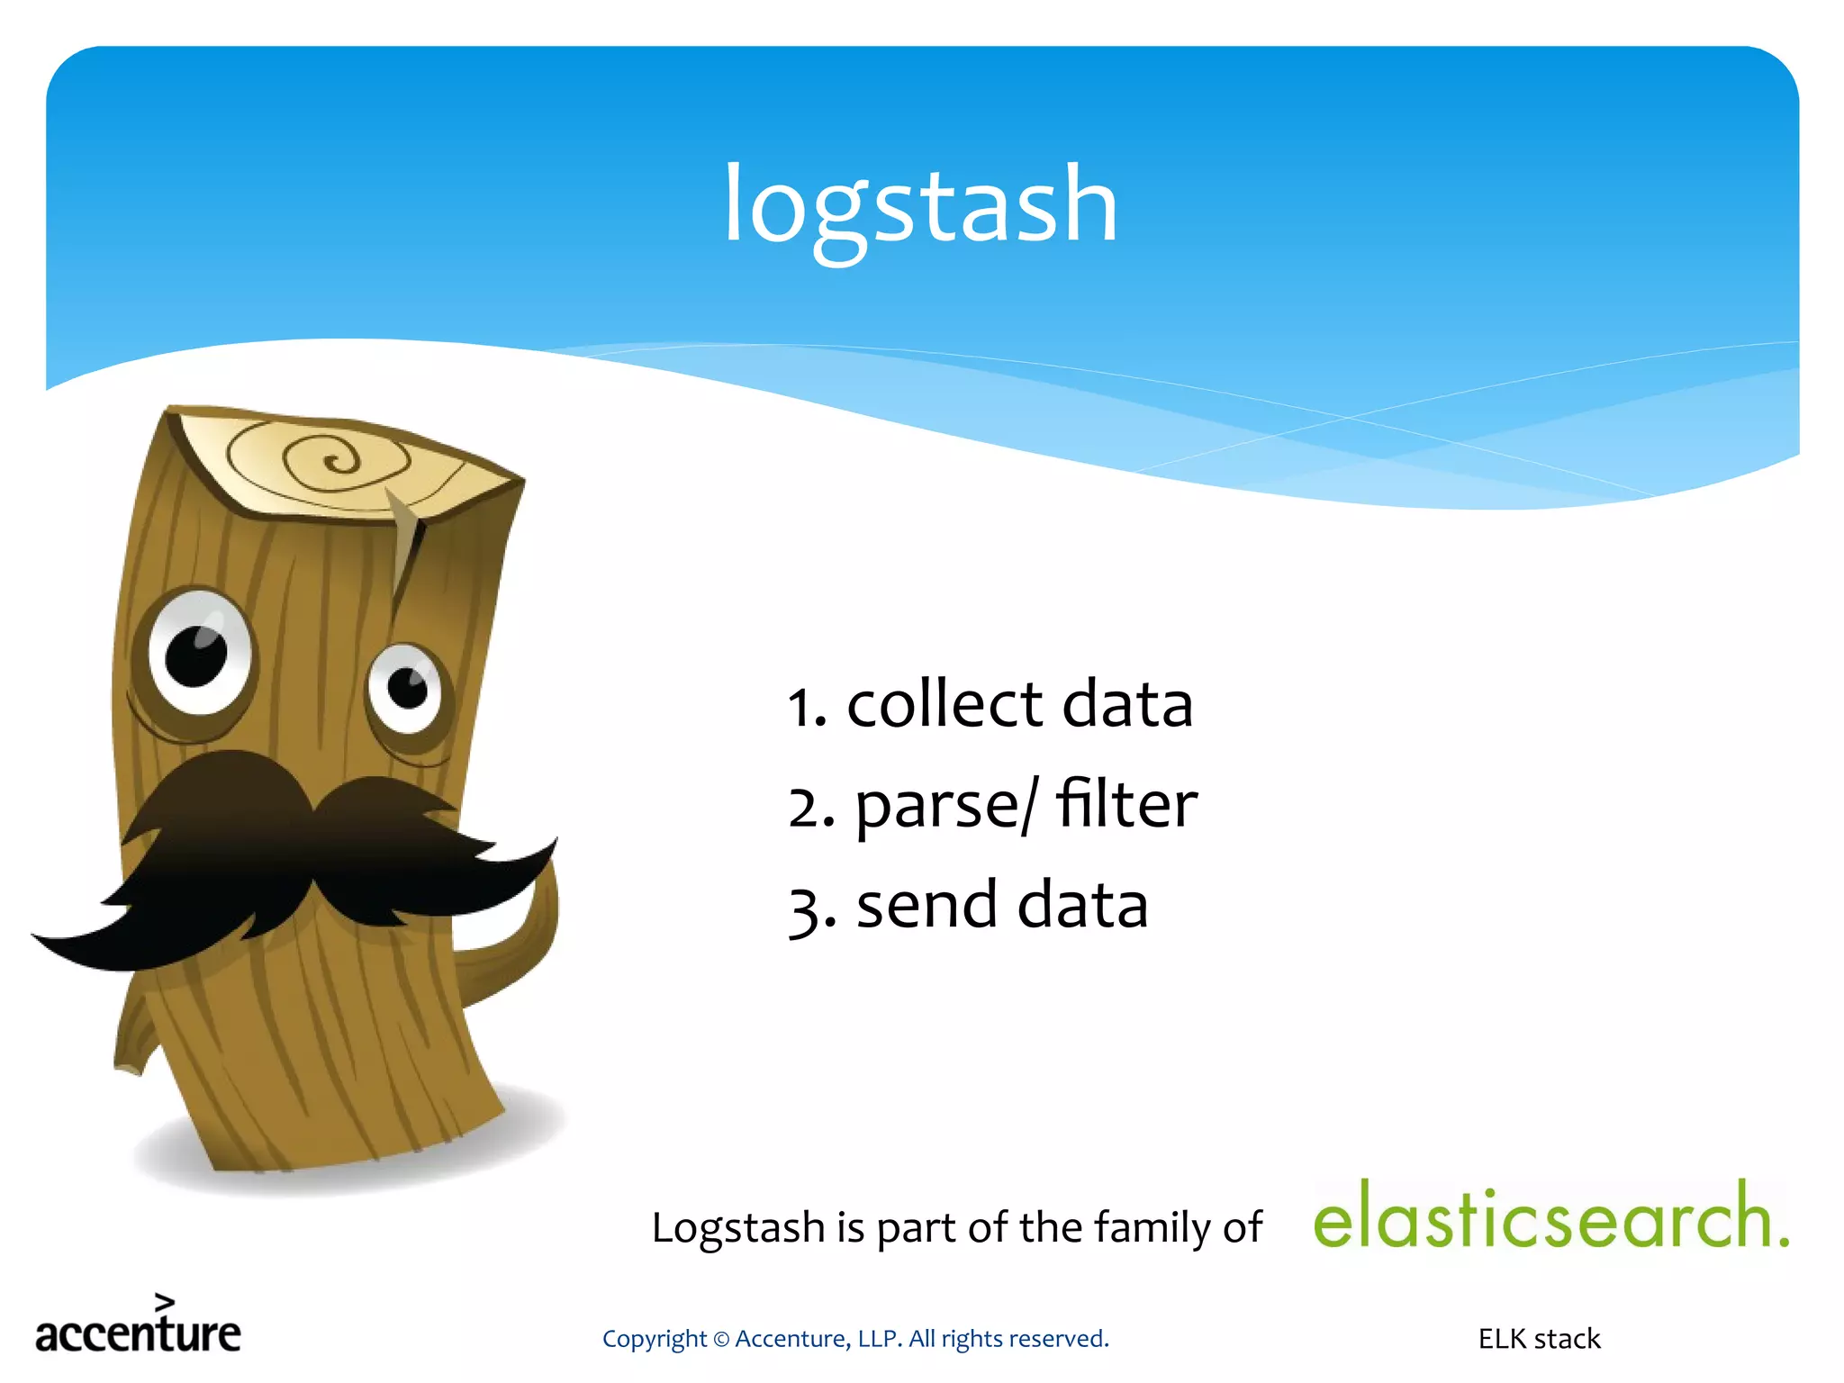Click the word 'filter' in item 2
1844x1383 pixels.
coord(1127,803)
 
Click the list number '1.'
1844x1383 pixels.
coord(807,707)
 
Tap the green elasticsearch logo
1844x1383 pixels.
coord(1550,1216)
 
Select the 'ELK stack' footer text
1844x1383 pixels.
coord(1539,1339)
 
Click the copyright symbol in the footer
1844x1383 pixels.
coord(720,1340)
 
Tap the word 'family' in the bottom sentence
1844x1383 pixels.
coord(1152,1228)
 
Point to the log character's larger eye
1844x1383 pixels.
coord(199,653)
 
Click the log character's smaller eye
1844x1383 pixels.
coord(406,690)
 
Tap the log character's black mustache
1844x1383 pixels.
coord(297,855)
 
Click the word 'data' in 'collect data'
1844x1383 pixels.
coord(1127,704)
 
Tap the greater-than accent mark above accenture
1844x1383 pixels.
coord(164,1301)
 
